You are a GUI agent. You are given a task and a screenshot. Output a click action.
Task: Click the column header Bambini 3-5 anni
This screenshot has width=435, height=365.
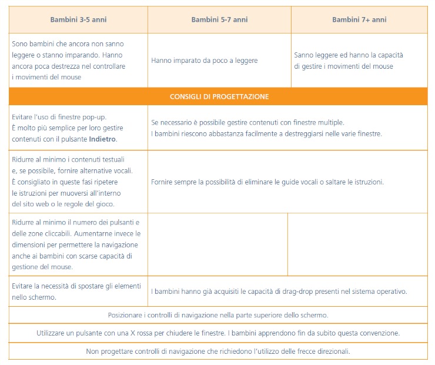click(78, 19)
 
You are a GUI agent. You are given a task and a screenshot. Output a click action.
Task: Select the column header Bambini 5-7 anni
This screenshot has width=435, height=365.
click(219, 19)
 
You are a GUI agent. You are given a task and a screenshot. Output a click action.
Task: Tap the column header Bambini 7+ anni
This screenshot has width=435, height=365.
click(359, 19)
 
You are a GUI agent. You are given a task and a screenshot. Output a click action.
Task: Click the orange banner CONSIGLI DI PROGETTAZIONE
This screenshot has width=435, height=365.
click(219, 96)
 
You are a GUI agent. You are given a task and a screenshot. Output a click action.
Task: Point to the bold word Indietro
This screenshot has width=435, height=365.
click(103, 139)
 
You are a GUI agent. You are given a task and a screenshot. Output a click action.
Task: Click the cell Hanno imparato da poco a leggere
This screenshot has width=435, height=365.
click(204, 61)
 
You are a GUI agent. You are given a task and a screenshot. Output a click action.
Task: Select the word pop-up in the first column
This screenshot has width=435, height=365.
click(94, 117)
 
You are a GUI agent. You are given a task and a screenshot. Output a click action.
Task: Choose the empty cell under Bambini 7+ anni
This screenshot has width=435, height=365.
click(357, 244)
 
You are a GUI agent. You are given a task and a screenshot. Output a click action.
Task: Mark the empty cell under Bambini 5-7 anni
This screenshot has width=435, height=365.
click(217, 244)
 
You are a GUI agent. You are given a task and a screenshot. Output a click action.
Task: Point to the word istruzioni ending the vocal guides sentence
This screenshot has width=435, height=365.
click(369, 182)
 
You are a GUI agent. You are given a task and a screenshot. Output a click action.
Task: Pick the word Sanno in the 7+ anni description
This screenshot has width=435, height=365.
click(304, 55)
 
